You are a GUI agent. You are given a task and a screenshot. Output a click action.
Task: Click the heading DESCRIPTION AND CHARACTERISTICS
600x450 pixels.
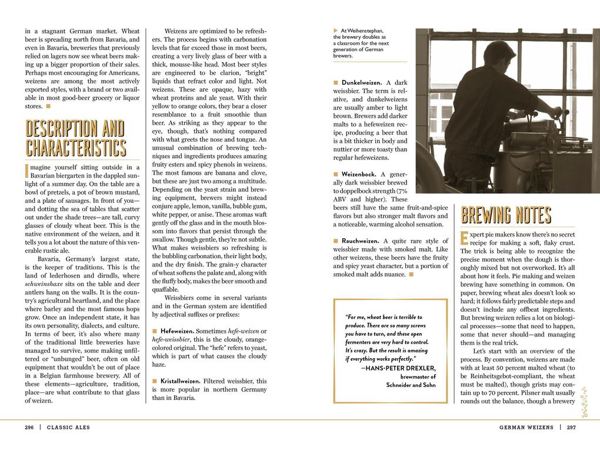click(75, 138)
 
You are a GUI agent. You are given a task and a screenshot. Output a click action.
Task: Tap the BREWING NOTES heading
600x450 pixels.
click(506, 216)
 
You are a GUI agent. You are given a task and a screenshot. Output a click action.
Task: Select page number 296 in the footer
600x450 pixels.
click(30, 428)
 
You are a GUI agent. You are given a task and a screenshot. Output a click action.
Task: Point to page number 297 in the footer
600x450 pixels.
click(571, 428)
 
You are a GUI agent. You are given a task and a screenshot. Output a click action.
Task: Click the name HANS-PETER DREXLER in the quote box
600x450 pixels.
click(401, 368)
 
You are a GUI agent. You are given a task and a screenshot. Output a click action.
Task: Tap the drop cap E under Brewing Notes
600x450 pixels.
click(464, 239)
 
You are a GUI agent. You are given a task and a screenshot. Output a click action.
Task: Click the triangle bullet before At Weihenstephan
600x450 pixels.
click(335, 31)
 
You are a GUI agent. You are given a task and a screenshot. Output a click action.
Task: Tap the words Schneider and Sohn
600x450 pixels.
click(411, 385)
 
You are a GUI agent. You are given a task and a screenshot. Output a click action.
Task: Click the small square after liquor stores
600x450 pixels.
click(48, 106)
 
